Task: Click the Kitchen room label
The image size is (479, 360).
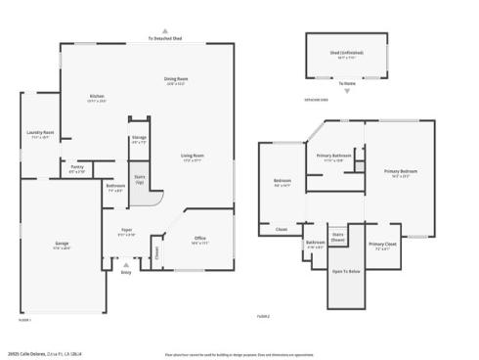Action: (97, 97)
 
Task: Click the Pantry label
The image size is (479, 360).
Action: (77, 168)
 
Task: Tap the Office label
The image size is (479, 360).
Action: (199, 239)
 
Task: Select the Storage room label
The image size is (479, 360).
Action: (139, 139)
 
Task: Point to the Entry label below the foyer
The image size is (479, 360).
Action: (126, 272)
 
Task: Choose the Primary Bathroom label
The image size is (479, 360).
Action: (333, 157)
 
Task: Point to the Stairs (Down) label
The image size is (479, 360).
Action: (338, 236)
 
